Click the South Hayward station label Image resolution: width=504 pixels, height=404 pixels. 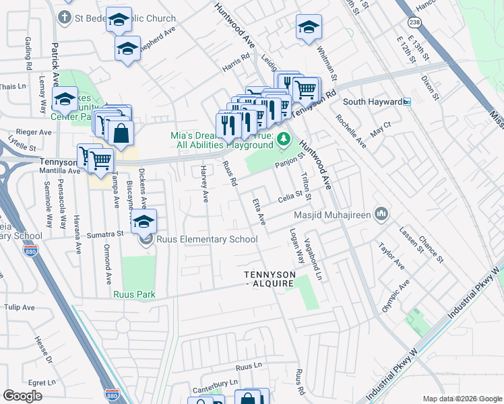[x=372, y=102]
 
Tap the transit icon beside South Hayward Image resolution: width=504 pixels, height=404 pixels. [x=407, y=102]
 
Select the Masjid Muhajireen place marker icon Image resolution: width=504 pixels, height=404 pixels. [x=381, y=215]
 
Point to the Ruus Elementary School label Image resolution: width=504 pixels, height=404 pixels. [x=207, y=239]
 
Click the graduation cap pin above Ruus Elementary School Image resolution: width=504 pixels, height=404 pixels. [x=144, y=222]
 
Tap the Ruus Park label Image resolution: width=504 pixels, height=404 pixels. [x=134, y=294]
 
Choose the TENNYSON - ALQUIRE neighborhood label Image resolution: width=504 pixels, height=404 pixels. [x=270, y=279]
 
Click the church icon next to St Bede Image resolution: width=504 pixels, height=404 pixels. [x=65, y=16]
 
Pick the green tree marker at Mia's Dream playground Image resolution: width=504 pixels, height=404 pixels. [x=284, y=139]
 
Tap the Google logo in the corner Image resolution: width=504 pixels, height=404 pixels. [x=22, y=395]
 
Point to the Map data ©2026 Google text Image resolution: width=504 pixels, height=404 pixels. [x=462, y=398]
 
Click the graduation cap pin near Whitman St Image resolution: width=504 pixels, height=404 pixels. [x=309, y=28]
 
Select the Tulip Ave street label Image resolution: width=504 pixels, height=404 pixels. [x=19, y=307]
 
